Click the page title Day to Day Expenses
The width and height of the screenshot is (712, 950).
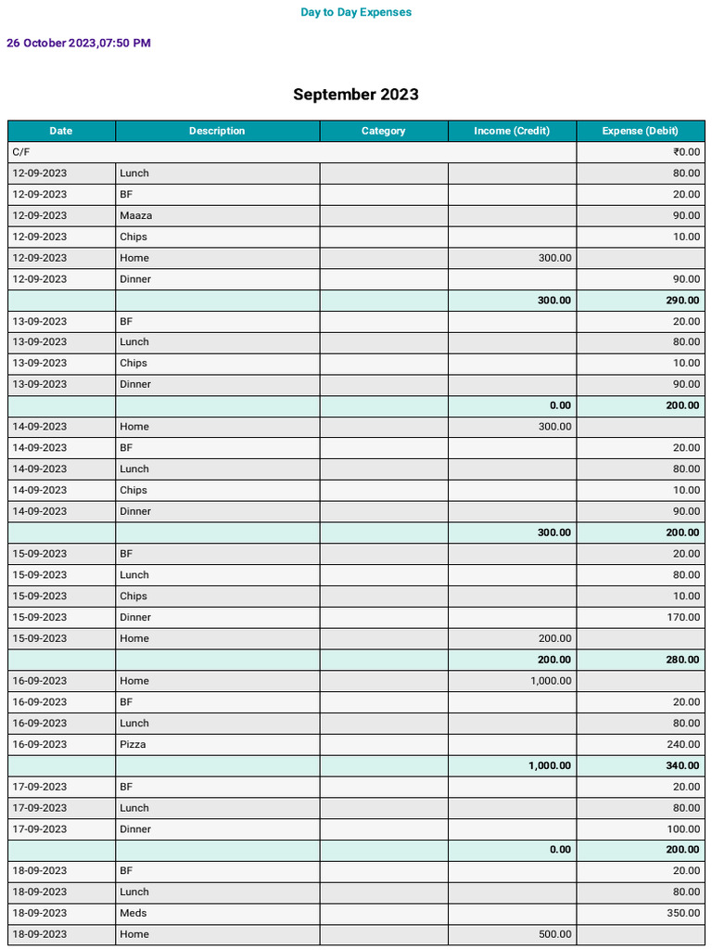tap(356, 12)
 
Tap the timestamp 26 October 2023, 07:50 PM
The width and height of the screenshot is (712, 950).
tap(79, 43)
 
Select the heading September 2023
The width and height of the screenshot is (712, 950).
tap(356, 95)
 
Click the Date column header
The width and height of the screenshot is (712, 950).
tap(61, 131)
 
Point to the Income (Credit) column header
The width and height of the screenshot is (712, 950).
tap(512, 131)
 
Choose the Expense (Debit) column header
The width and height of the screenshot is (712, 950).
tap(640, 131)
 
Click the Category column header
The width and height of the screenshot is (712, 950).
tap(384, 131)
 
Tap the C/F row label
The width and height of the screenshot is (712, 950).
tap(20, 152)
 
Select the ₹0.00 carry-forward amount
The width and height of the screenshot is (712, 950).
tap(686, 152)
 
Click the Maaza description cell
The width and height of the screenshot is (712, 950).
tap(136, 215)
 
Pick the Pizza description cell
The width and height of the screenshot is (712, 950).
tap(133, 744)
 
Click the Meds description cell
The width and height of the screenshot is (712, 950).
tap(133, 913)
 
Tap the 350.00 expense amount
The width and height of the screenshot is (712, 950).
tap(683, 913)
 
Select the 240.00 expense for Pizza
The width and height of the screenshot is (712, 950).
tap(683, 744)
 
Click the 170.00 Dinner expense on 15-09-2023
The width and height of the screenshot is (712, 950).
tap(683, 617)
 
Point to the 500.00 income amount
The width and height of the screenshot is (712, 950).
tap(555, 934)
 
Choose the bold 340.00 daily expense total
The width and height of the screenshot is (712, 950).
tap(681, 765)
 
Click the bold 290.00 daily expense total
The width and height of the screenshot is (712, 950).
tap(681, 301)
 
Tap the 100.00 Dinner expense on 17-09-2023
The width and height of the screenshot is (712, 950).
tap(683, 828)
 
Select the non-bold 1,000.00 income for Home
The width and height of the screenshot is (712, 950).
tap(551, 681)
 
